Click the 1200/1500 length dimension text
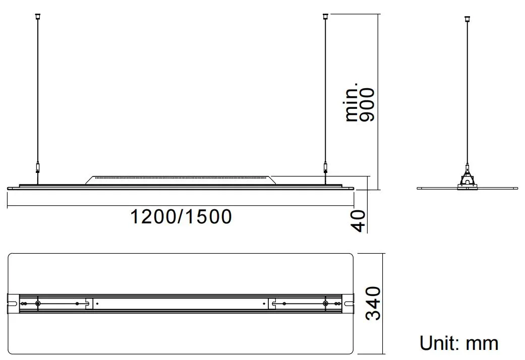click(x=181, y=217)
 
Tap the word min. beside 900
click(x=353, y=103)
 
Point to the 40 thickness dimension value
click(x=358, y=221)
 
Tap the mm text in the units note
click(x=482, y=343)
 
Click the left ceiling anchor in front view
click(x=37, y=17)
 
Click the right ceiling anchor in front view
click(x=325, y=17)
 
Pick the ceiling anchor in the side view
click(x=466, y=19)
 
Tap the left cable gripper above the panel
click(x=37, y=167)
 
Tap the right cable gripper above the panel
click(x=325, y=167)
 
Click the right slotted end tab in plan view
click(x=349, y=303)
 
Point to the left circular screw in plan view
click(x=38, y=303)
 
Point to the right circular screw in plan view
click(x=325, y=303)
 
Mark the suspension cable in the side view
click(x=466, y=91)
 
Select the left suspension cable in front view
click(x=37, y=91)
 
